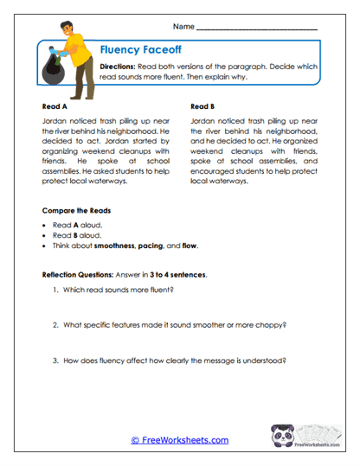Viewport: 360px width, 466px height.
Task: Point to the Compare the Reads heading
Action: [x=76, y=211]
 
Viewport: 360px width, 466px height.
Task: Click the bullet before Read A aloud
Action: [x=45, y=225]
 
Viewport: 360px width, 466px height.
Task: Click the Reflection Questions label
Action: [x=80, y=274]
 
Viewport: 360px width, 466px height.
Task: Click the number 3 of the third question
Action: [x=55, y=361]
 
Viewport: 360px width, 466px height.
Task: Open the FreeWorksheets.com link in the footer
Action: [x=180, y=440]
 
